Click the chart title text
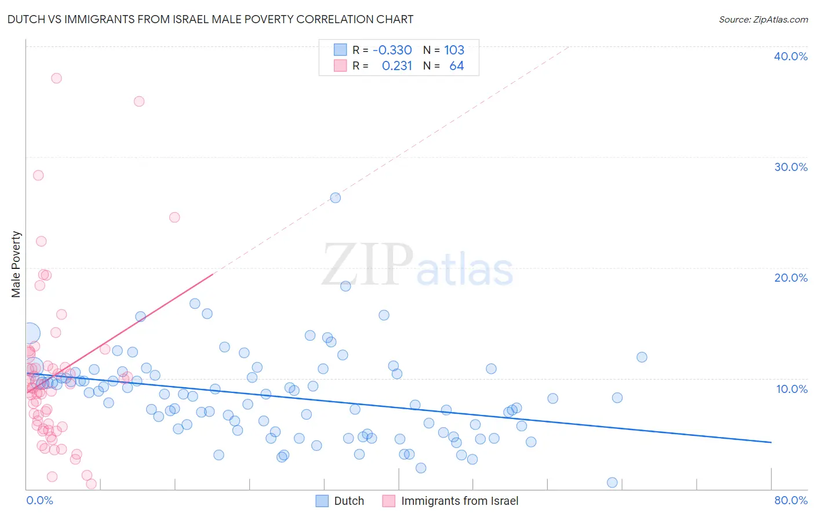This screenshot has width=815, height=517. [x=210, y=19]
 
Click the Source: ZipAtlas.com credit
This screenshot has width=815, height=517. [x=763, y=19]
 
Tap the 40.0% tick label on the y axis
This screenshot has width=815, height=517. [x=790, y=56]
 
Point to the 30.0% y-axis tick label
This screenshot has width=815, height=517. [x=790, y=167]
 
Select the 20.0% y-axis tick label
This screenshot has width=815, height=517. [x=790, y=278]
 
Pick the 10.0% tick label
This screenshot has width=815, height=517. [x=791, y=388]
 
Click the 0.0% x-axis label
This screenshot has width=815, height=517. [x=39, y=500]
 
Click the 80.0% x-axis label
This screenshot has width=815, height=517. [x=791, y=500]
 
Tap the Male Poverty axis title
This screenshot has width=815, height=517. [x=16, y=264]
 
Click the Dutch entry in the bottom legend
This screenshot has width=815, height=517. [x=348, y=501]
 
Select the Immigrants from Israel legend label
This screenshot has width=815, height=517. [x=459, y=501]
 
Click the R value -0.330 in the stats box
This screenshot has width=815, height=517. [x=392, y=50]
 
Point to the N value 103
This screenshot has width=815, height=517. [x=454, y=50]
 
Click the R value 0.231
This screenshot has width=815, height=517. [x=396, y=66]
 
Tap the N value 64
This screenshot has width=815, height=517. [x=456, y=66]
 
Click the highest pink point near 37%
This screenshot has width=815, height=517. [x=56, y=78]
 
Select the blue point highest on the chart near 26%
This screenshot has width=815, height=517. [x=335, y=198]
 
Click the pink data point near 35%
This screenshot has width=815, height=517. [x=139, y=101]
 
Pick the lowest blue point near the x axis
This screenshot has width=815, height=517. [x=612, y=482]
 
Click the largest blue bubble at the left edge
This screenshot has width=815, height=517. [x=30, y=333]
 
